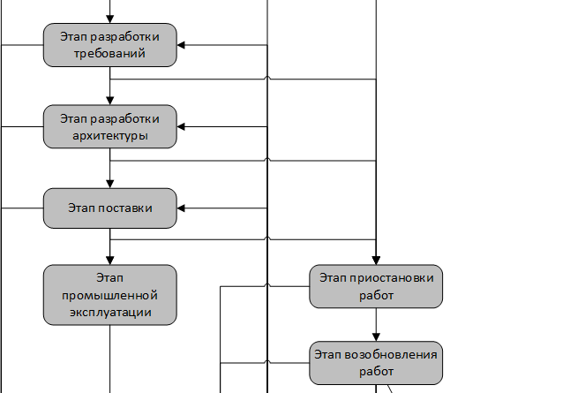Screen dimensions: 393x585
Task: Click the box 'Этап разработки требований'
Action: click(x=110, y=44)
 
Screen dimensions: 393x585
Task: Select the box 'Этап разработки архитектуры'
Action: click(x=110, y=126)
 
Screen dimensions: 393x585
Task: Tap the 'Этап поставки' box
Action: click(x=110, y=208)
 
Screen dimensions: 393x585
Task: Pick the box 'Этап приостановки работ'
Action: click(x=377, y=286)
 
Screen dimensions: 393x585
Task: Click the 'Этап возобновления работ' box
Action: click(x=377, y=363)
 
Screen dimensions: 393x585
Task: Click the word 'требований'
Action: click(x=110, y=53)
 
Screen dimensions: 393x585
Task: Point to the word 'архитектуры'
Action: click(x=110, y=136)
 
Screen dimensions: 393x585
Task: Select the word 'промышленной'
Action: click(x=110, y=295)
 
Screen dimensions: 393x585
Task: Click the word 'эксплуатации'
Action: click(x=110, y=312)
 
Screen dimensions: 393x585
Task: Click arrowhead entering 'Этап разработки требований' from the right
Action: click(x=182, y=44)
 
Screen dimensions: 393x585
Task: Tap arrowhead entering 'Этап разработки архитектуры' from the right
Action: click(x=182, y=126)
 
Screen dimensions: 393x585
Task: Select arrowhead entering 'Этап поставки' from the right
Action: click(x=182, y=208)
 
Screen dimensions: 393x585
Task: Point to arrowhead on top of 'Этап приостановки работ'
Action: click(x=377, y=260)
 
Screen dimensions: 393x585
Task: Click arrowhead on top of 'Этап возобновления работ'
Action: click(x=377, y=337)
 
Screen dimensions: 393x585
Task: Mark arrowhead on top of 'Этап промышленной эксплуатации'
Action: click(x=110, y=259)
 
